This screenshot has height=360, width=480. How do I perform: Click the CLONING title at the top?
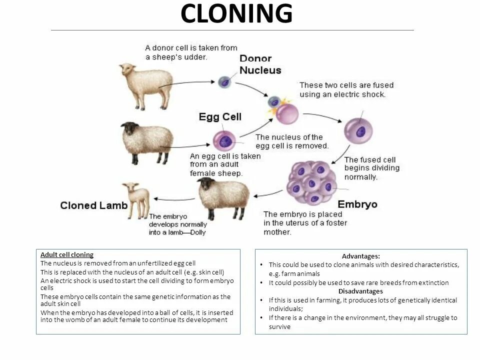pyautogui.click(x=236, y=14)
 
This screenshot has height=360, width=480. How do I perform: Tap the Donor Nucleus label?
pyautogui.click(x=260, y=64)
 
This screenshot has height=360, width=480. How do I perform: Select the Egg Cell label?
pyautogui.click(x=220, y=117)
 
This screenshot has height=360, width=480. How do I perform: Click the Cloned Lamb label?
pyautogui.click(x=93, y=205)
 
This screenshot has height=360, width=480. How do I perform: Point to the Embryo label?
pyautogui.click(x=357, y=204)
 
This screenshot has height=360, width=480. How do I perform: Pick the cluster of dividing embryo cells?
pyautogui.click(x=310, y=183)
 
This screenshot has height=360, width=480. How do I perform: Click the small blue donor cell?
pyautogui.click(x=224, y=81)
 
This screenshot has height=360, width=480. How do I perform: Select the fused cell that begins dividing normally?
pyautogui.click(x=359, y=131)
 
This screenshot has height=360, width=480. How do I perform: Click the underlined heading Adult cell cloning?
pyautogui.click(x=67, y=254)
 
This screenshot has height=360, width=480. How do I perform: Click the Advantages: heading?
pyautogui.click(x=360, y=256)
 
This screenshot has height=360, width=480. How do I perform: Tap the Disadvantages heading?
pyautogui.click(x=360, y=291)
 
